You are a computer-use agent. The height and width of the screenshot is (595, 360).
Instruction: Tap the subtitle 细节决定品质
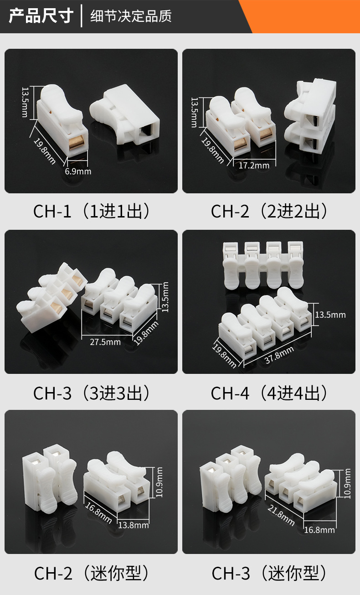pyautogui.click(x=131, y=16)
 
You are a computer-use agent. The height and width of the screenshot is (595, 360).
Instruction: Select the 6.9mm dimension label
pyautogui.click(x=78, y=171)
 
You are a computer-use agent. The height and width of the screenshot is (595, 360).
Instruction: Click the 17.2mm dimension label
pyautogui.click(x=254, y=165)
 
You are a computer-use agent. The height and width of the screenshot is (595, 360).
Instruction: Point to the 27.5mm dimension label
pyautogui.click(x=105, y=341)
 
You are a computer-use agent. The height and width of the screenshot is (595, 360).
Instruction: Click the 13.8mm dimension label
pyautogui.click(x=133, y=525)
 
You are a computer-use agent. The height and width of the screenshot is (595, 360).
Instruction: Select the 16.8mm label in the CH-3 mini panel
pyautogui.click(x=319, y=529)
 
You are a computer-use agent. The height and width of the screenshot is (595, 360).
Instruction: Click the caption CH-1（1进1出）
pyautogui.click(x=91, y=211)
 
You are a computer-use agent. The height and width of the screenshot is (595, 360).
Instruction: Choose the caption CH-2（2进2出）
pyautogui.click(x=269, y=211)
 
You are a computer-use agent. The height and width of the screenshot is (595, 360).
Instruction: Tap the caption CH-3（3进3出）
pyautogui.click(x=91, y=393)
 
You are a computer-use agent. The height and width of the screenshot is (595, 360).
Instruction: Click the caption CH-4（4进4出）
pyautogui.click(x=269, y=393)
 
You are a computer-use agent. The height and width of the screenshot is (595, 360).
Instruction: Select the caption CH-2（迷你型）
pyautogui.click(x=91, y=573)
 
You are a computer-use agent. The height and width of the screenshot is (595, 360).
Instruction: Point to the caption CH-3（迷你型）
pyautogui.click(x=269, y=573)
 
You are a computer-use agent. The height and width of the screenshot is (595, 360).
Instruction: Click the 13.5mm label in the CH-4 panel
pyautogui.click(x=330, y=315)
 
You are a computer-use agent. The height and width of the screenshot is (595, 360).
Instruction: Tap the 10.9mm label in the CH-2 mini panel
pyautogui.click(x=159, y=481)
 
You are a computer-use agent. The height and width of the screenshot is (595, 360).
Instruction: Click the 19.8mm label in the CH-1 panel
pyautogui.click(x=45, y=150)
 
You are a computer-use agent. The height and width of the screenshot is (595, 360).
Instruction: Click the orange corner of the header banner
pyautogui.click(x=310, y=14)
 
